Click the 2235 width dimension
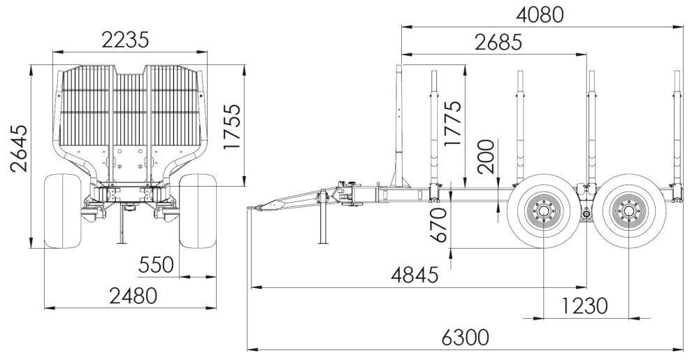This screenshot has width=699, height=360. [125, 40]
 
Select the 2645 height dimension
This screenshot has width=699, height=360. [19, 148]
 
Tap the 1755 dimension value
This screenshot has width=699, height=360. [232, 127]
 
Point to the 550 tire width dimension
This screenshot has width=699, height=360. [156, 265]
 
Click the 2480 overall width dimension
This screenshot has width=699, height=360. [134, 296]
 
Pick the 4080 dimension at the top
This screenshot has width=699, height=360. [540, 15]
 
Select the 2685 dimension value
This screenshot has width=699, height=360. [498, 43]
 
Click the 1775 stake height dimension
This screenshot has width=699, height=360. [452, 124]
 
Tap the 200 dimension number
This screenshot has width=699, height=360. [486, 157]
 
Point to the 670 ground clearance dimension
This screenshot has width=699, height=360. [439, 224]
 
